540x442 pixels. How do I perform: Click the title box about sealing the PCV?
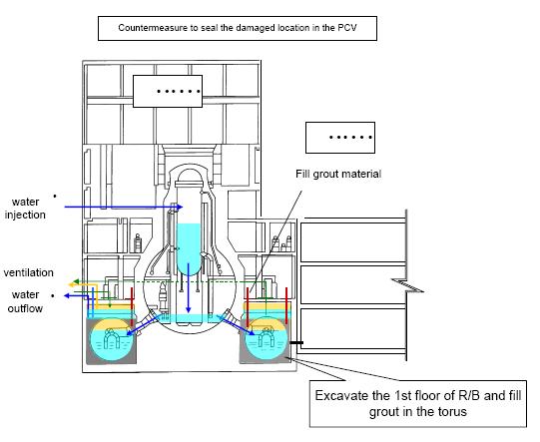pos(238,28)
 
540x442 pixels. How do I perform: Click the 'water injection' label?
pos(25,209)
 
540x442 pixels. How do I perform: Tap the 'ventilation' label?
pos(29,272)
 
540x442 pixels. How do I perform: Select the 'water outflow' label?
pos(25,301)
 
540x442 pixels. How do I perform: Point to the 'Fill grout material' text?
pos(338,174)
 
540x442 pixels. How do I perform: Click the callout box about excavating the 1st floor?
pos(418,403)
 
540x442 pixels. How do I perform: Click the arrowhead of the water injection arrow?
pos(179,207)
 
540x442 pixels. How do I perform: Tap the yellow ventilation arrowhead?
pos(72,284)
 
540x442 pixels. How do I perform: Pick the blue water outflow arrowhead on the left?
pos(68,295)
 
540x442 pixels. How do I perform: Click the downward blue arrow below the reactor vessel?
pos(188,287)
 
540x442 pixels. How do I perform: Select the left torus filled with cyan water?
pos(111,340)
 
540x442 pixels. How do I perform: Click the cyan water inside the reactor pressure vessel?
pos(188,248)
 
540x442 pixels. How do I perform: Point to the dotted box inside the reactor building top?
pos(168,91)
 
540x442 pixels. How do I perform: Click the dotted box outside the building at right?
pos(340,138)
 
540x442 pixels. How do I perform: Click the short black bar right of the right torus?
pos(296,342)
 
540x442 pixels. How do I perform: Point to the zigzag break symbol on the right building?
pos(407,285)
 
